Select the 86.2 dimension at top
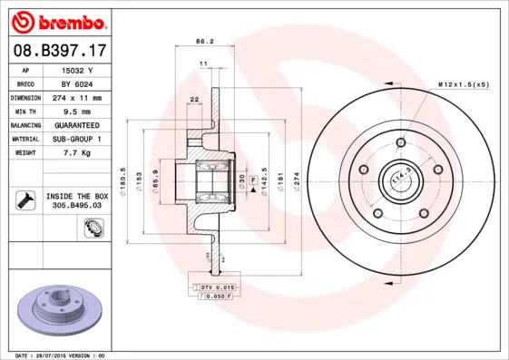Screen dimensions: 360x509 coord(204,41)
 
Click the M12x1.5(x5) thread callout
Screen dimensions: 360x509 coord(463,84)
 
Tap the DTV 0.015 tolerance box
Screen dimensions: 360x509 coord(217,287)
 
